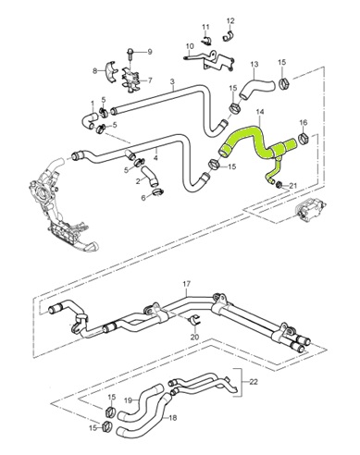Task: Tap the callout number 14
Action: coord(260,112)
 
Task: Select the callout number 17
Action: coord(187,284)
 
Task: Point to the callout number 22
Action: coord(254,382)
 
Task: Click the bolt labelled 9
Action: coord(130,55)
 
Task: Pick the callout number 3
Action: coord(172,81)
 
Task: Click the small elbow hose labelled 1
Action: coord(89,120)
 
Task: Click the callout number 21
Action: coord(292,185)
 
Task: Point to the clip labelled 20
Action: coord(194,322)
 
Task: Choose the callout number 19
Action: coord(129,400)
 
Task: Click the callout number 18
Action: coord(173,418)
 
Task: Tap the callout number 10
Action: coord(190,46)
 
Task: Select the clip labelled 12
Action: coord(228,36)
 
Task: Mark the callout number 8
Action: coord(95,71)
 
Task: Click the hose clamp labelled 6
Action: coord(157,192)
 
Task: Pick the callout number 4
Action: coord(155,158)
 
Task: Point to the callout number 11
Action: coord(205,27)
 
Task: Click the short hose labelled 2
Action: coord(150,177)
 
